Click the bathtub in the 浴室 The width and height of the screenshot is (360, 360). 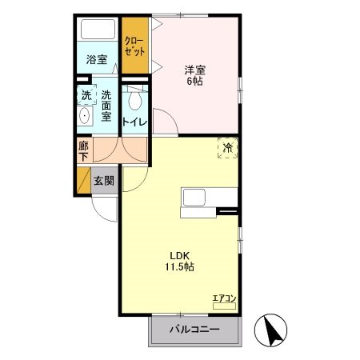click(98, 30)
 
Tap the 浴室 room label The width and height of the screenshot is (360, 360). click(97, 59)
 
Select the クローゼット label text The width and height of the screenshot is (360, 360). click(135, 46)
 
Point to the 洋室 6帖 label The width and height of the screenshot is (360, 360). click(195, 75)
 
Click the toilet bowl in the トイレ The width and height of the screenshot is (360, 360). click(134, 101)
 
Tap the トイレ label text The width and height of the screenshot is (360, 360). click(134, 122)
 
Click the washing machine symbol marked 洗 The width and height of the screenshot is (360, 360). click(86, 94)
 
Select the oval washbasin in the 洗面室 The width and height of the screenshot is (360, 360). click(85, 116)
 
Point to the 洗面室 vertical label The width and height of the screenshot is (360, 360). click(106, 106)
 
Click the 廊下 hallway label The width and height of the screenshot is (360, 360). click(83, 151)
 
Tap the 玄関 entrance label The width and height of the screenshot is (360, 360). click(104, 182)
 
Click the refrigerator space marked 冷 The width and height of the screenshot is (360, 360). click(228, 148)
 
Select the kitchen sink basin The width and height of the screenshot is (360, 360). click(194, 198)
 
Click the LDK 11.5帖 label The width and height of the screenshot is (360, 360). click(179, 262)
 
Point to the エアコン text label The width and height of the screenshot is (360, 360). click(225, 298)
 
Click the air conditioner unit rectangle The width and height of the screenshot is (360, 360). click(224, 306)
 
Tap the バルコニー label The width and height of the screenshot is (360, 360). click(195, 330)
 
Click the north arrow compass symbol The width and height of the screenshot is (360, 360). click(270, 330)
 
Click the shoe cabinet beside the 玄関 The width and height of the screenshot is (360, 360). click(84, 180)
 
